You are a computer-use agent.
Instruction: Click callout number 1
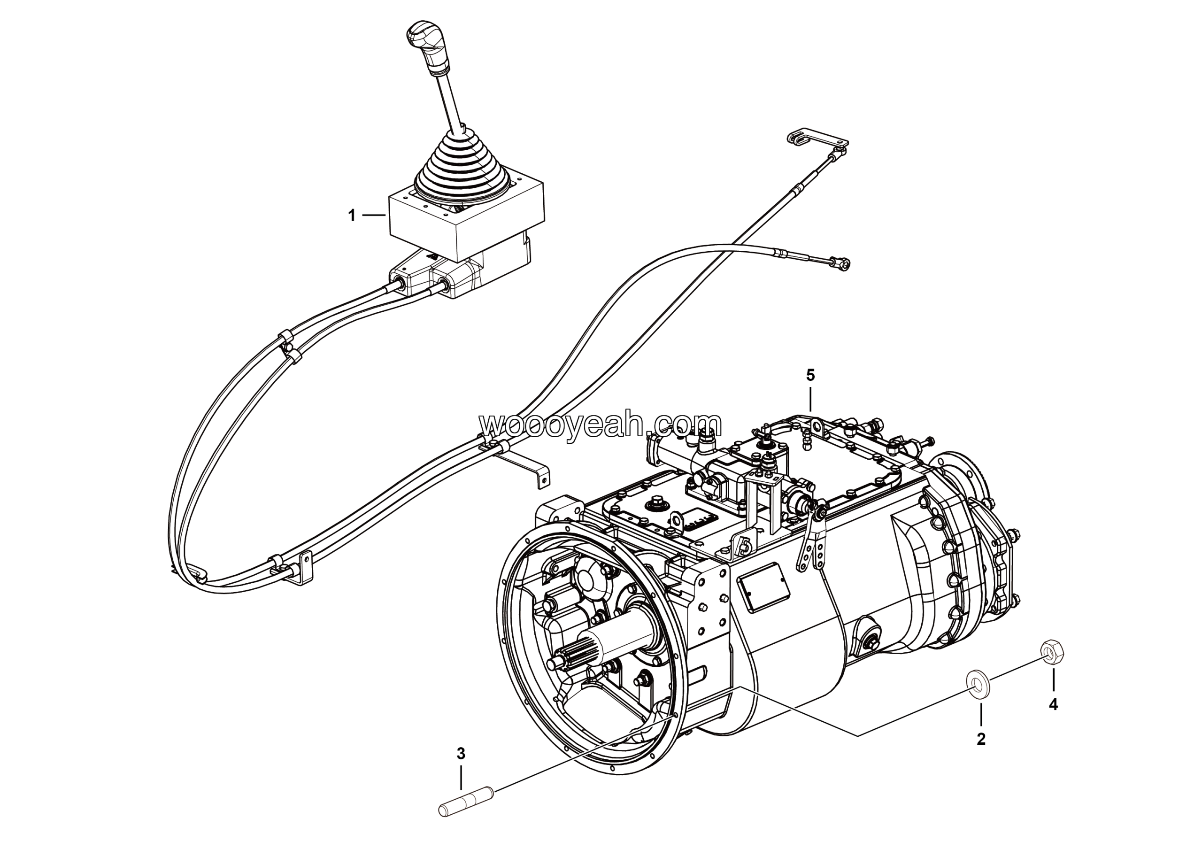point(352,215)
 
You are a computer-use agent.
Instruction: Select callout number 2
point(981,739)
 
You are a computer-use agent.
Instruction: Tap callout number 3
point(461,754)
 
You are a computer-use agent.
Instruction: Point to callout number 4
point(1053,704)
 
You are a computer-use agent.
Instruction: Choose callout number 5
point(810,375)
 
